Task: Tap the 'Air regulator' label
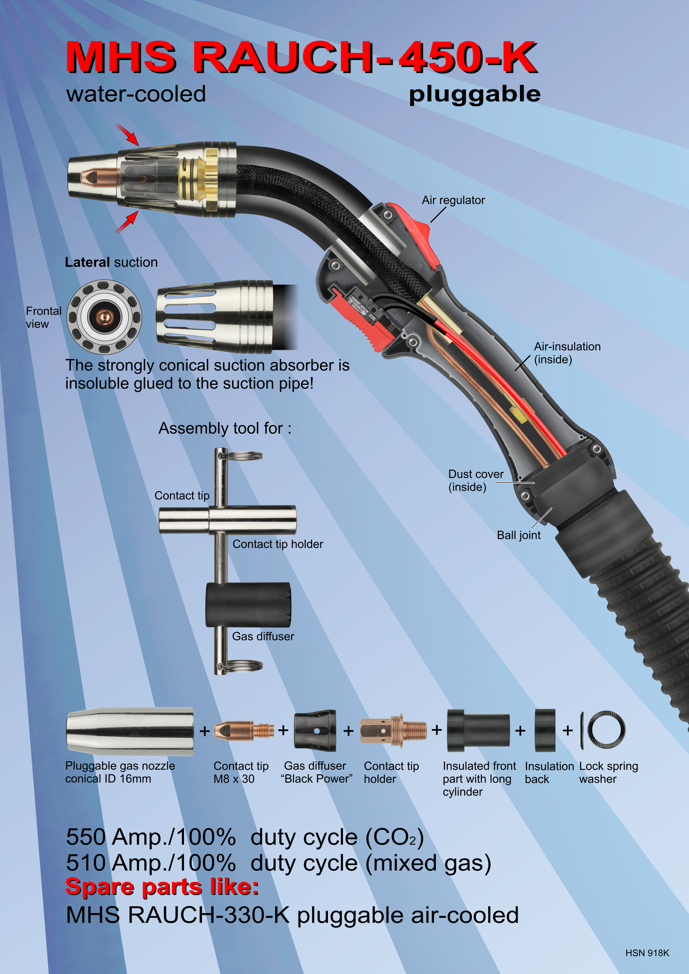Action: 453,200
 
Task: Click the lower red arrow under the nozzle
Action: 126,222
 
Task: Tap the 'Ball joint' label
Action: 519,535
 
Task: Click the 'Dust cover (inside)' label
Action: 476,480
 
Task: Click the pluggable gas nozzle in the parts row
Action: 130,731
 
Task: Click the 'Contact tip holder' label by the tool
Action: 278,544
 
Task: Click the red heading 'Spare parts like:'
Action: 162,887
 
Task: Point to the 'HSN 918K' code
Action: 647,953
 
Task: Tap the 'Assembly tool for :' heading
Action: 225,428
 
